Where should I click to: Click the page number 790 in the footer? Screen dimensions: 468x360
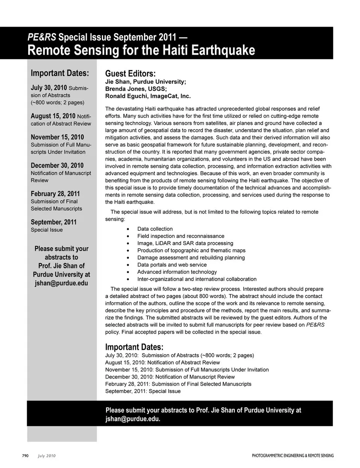(x=25, y=456)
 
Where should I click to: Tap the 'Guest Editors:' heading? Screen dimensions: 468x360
(x=130, y=74)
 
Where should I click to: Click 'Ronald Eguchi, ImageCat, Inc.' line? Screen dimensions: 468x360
(x=148, y=96)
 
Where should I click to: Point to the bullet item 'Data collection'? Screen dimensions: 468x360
(x=155, y=229)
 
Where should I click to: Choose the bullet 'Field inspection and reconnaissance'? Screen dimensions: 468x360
(x=180, y=236)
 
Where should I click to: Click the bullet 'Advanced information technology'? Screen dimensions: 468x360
(x=177, y=272)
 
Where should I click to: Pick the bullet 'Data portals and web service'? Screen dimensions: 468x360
(x=172, y=265)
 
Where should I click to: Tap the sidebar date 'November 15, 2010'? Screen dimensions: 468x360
(x=57, y=137)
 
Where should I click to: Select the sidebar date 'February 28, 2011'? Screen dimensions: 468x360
(x=55, y=194)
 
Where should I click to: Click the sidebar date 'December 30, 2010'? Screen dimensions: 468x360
(x=57, y=166)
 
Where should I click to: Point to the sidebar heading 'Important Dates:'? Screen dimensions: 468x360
(x=60, y=73)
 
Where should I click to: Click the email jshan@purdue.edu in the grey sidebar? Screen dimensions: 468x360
(x=61, y=283)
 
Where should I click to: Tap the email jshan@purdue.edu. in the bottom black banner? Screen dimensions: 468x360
(x=133, y=419)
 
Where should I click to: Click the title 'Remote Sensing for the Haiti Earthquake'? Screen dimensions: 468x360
(x=141, y=50)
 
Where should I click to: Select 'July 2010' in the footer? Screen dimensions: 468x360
(x=46, y=456)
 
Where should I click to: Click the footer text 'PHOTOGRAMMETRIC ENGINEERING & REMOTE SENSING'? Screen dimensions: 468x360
(x=292, y=456)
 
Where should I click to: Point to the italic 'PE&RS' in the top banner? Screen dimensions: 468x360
(x=42, y=37)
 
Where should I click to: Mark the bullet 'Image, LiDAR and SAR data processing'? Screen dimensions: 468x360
(x=185, y=243)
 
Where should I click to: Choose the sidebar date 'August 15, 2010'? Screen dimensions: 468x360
(x=53, y=116)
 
